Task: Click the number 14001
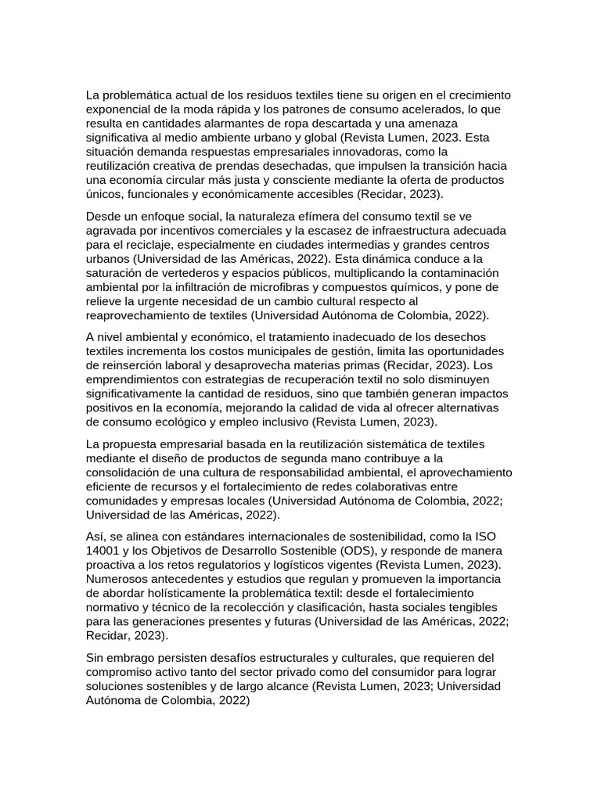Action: point(103,551)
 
